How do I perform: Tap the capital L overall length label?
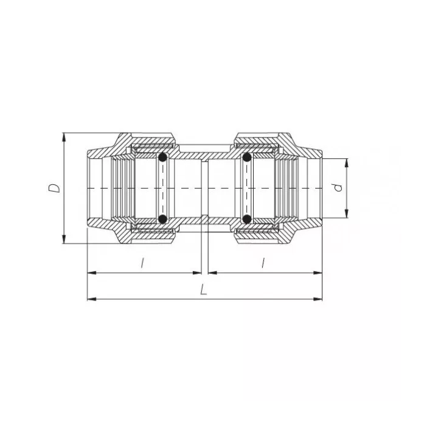[x=204, y=290]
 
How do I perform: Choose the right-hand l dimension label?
[x=263, y=263]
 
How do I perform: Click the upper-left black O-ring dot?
[x=162, y=159]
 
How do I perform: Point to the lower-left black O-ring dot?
[x=162, y=218]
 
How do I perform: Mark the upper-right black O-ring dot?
[x=246, y=159]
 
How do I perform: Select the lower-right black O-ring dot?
[x=246, y=218]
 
